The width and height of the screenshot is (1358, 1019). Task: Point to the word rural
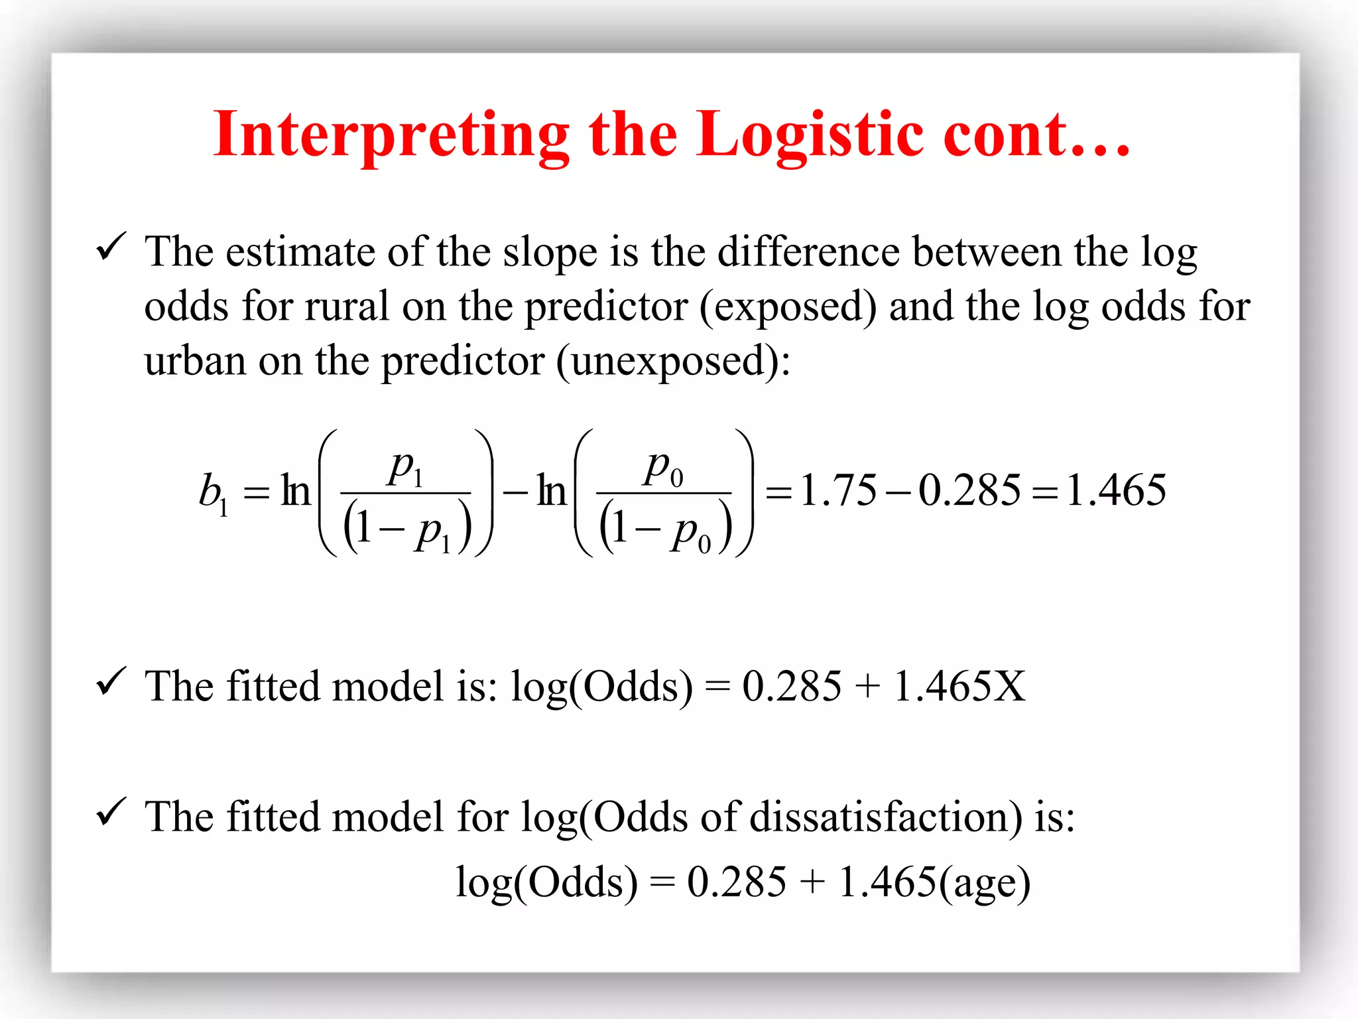346,307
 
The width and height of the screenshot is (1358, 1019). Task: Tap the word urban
195,362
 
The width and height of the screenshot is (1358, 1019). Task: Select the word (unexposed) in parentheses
673,362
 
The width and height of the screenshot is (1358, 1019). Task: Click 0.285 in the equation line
969,491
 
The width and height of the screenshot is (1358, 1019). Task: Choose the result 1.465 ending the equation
1116,491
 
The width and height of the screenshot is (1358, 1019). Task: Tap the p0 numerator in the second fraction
664,467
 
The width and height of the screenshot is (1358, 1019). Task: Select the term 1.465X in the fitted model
959,686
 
